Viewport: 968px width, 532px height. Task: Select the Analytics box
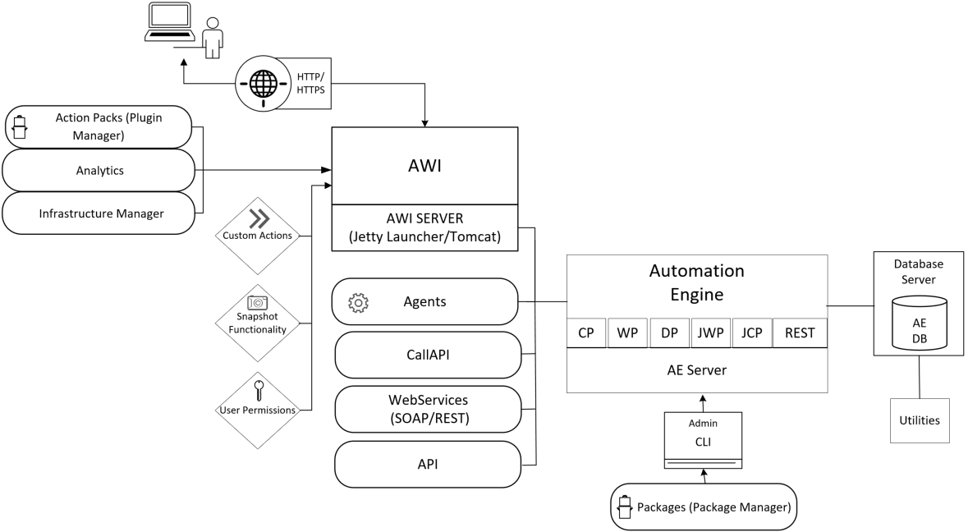(98, 170)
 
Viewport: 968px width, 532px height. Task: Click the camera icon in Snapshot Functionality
(258, 303)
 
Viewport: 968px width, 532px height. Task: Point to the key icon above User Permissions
(258, 387)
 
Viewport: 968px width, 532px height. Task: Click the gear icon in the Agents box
(359, 302)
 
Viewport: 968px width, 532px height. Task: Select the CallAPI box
(428, 355)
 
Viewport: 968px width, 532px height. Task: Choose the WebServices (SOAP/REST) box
(428, 409)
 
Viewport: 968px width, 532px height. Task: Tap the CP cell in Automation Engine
(586, 333)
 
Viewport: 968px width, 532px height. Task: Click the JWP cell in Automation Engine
(710, 333)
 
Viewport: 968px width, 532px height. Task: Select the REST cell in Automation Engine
(799, 333)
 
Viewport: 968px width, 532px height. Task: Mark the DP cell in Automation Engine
(668, 333)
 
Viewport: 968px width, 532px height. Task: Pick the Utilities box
(919, 420)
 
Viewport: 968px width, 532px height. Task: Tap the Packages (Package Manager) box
(704, 507)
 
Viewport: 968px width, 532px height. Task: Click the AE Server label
(696, 370)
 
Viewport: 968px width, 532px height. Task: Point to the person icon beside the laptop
(212, 36)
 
